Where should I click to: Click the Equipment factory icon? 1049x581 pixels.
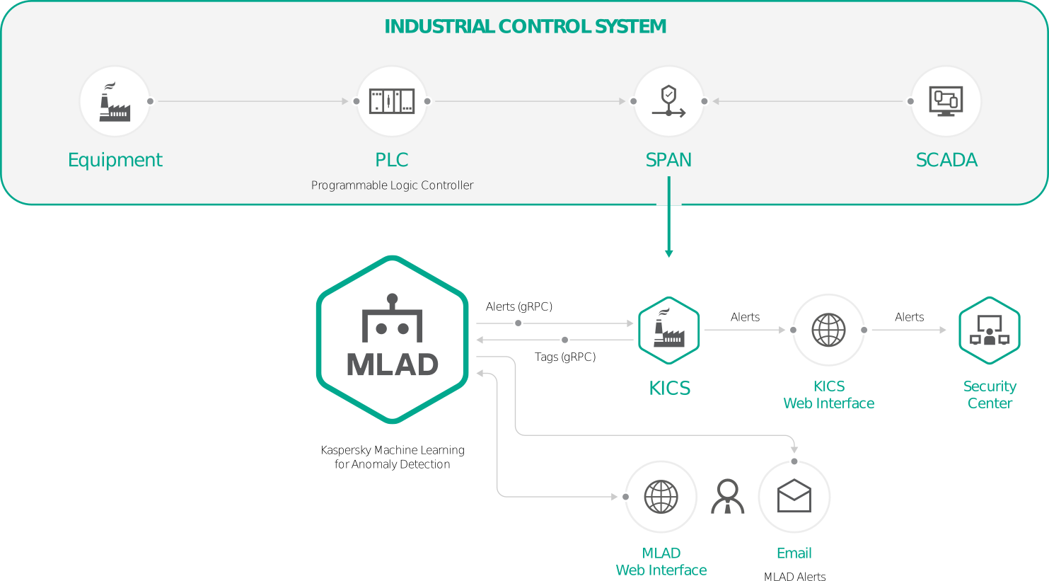(x=115, y=102)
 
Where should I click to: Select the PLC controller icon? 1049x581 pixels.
(x=392, y=101)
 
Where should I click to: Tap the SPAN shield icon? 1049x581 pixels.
(x=668, y=101)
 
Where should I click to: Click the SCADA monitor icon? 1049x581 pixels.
(x=946, y=101)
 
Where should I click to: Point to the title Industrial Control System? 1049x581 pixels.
(x=525, y=27)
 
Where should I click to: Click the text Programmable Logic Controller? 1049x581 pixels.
(x=392, y=185)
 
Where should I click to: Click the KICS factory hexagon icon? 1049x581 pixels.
(x=668, y=330)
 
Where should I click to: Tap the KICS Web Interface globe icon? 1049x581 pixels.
(x=828, y=330)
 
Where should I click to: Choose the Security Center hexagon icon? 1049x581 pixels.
(x=989, y=330)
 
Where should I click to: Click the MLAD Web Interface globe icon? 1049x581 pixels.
(x=661, y=497)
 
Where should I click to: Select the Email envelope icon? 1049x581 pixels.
(x=794, y=496)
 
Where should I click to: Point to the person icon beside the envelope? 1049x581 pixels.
(x=727, y=496)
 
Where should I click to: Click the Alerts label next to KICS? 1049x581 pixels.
(x=745, y=317)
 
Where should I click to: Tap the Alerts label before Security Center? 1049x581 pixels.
(x=909, y=317)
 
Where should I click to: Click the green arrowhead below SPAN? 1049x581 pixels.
(x=668, y=253)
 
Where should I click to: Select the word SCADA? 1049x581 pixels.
(x=946, y=160)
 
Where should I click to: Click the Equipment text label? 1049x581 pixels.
(x=115, y=160)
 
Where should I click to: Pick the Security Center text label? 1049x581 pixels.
(x=989, y=395)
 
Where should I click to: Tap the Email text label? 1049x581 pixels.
(x=794, y=553)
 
